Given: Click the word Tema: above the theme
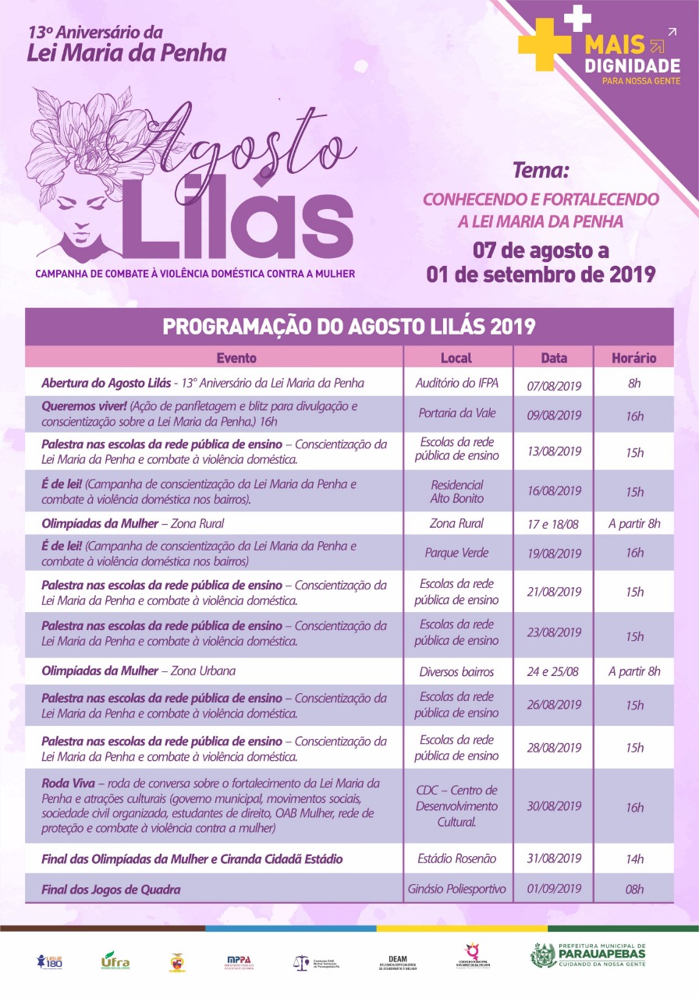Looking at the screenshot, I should tap(541, 170).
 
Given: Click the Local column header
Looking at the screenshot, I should tap(456, 359).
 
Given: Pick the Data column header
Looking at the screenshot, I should tap(554, 359).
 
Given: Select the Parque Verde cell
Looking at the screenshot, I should tap(456, 553).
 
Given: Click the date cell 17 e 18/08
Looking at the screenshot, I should tap(554, 524).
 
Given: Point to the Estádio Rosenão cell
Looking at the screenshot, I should tap(456, 858).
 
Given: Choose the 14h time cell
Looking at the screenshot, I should tap(634, 859).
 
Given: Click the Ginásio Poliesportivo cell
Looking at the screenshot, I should tap(456, 888).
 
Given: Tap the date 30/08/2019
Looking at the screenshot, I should tap(554, 806).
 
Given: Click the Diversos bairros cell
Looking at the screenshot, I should tap(456, 671).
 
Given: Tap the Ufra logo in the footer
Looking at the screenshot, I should tap(115, 960).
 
